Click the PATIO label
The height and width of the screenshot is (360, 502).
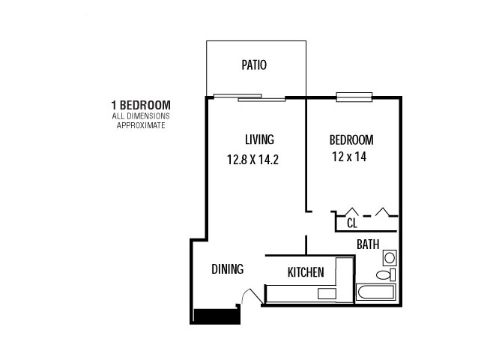tap(254, 64)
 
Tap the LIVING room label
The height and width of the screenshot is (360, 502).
tap(260, 139)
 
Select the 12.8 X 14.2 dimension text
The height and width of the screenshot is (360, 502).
tap(253, 159)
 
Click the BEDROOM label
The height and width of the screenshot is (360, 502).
tap(351, 140)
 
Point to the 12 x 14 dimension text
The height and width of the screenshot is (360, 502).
tap(349, 157)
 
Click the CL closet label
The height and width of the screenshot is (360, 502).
tap(352, 223)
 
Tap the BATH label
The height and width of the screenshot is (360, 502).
tap(368, 244)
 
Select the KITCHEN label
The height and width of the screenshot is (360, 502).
tap(306, 272)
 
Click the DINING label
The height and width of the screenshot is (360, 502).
tap(228, 269)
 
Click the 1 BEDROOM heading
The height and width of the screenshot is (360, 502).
tap(141, 105)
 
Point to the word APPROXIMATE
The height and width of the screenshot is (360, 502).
tap(141, 125)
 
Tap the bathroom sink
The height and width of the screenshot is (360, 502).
tap(390, 258)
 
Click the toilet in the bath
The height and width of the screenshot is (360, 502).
tap(386, 274)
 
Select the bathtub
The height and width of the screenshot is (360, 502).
tap(376, 292)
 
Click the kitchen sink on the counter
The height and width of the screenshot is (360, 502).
tap(327, 294)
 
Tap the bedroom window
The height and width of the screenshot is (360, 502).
tap(354, 97)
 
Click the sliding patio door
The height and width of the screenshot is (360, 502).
tap(250, 97)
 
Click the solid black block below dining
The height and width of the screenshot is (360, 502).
tap(217, 316)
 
